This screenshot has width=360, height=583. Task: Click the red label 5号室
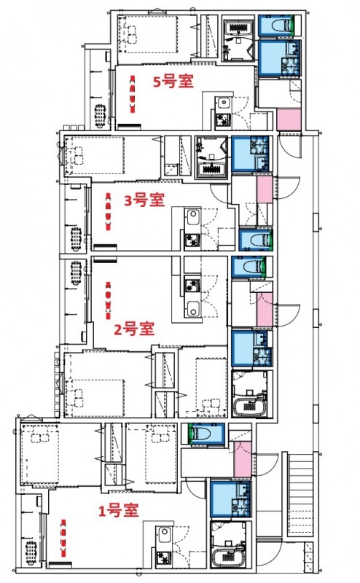tap(172, 82)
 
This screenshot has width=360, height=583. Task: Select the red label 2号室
tap(134, 329)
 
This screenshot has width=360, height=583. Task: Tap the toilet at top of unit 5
tap(278, 26)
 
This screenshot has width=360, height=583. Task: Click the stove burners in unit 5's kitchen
tap(222, 119)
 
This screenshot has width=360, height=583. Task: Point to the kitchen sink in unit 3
tap(192, 218)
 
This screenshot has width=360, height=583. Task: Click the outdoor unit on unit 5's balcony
tap(100, 115)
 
